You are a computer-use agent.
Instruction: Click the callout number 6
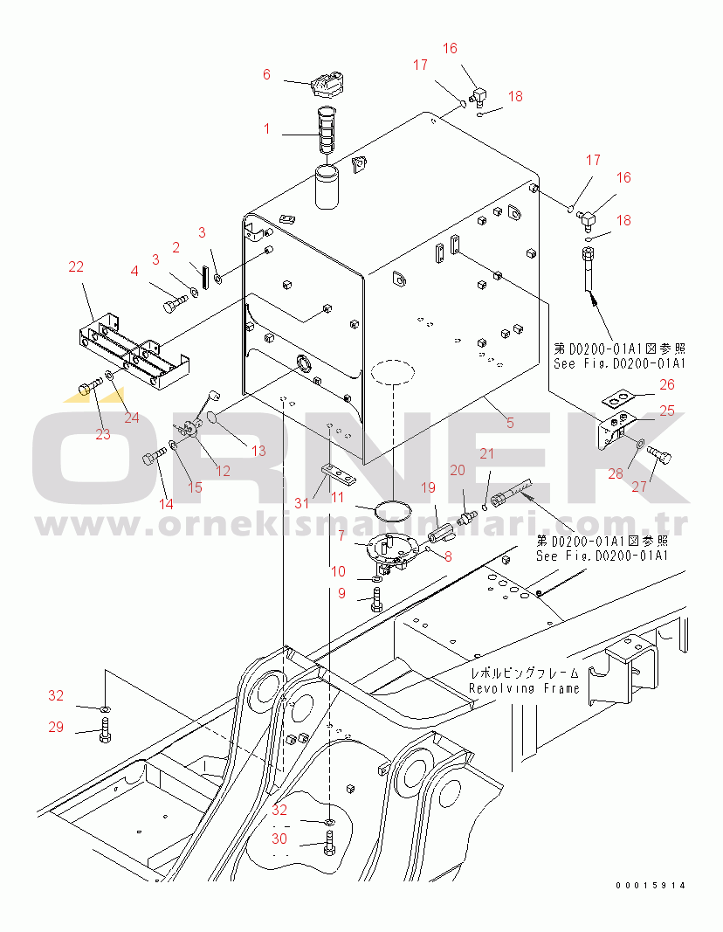tap(267, 75)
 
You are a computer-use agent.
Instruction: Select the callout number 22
tap(76, 266)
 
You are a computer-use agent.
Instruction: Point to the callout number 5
tap(510, 423)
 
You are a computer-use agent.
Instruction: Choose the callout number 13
tap(258, 451)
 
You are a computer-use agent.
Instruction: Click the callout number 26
tap(667, 383)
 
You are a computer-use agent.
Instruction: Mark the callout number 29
tap(56, 727)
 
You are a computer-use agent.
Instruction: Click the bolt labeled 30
tap(329, 844)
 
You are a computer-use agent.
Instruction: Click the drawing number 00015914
tap(651, 886)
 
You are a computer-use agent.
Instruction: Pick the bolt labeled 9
tap(376, 598)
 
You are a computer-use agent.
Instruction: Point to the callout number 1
tap(267, 128)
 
